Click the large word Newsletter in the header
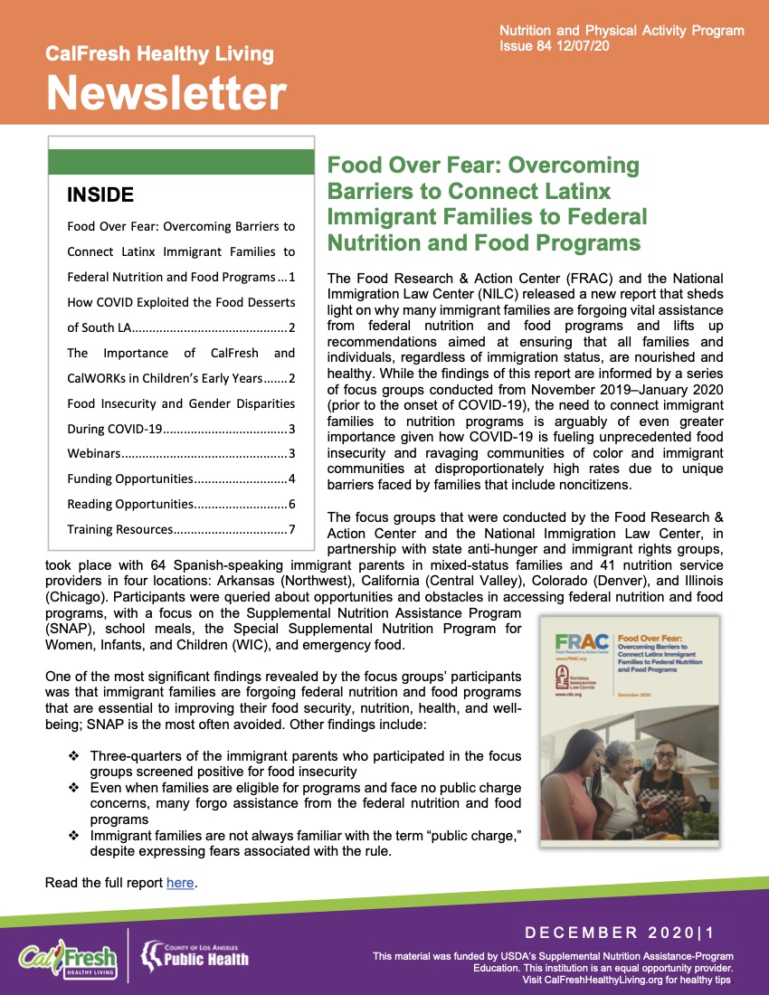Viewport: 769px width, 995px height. point(166,92)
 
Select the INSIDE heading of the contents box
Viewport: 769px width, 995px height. point(100,194)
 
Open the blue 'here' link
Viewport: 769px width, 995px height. point(180,882)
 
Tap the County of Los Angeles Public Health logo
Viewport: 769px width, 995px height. point(194,953)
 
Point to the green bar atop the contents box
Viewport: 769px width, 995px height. point(180,162)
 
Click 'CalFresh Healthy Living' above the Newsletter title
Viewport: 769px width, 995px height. point(159,54)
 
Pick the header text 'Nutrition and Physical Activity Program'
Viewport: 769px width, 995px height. point(622,31)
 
